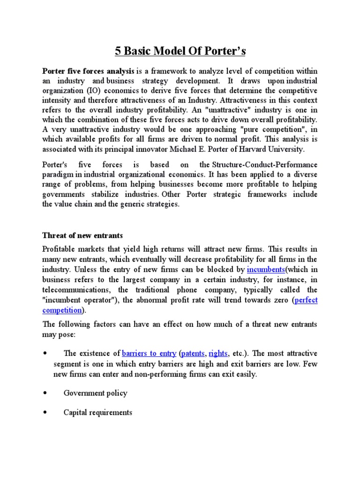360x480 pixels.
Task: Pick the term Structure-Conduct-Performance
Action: coord(265,165)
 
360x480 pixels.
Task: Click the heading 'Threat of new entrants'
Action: coord(82,235)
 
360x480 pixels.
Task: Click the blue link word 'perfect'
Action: coord(306,300)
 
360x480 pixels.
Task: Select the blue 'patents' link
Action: coord(193,353)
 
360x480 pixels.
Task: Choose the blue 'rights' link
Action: coord(218,353)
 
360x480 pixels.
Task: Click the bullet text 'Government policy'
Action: coord(95,393)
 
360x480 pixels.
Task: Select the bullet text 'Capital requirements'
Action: coord(98,412)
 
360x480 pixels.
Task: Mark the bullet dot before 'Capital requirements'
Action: coord(45,412)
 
